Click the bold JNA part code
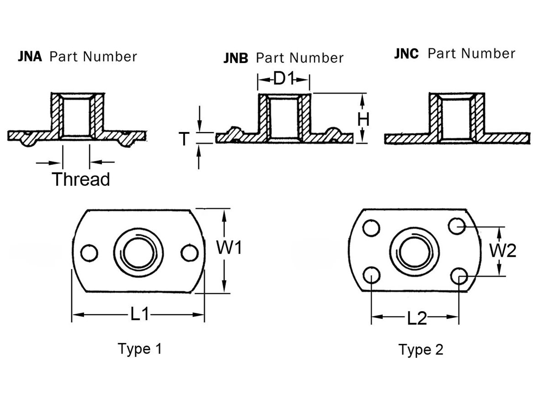[x=30, y=57]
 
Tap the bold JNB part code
[x=236, y=58]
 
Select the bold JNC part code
[x=406, y=54]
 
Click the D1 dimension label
[x=283, y=79]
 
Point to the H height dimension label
[x=364, y=120]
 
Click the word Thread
[x=81, y=179]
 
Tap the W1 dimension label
[x=229, y=249]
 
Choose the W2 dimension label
[x=503, y=250]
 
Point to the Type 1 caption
[x=140, y=349]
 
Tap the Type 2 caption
[x=421, y=350]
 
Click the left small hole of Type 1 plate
[x=88, y=253]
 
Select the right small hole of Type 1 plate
[x=188, y=253]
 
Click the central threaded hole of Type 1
[x=138, y=253]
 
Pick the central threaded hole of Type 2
[x=414, y=252]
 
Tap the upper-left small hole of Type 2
[x=373, y=227]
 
